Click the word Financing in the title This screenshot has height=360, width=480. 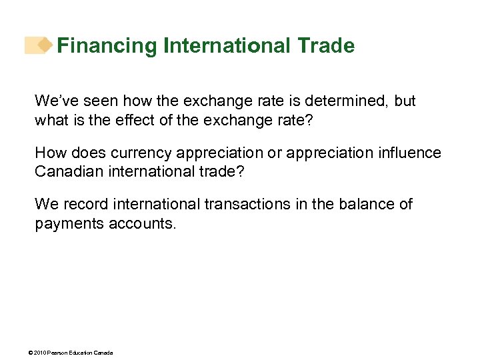point(107,46)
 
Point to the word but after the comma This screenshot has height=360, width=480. point(405,101)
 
